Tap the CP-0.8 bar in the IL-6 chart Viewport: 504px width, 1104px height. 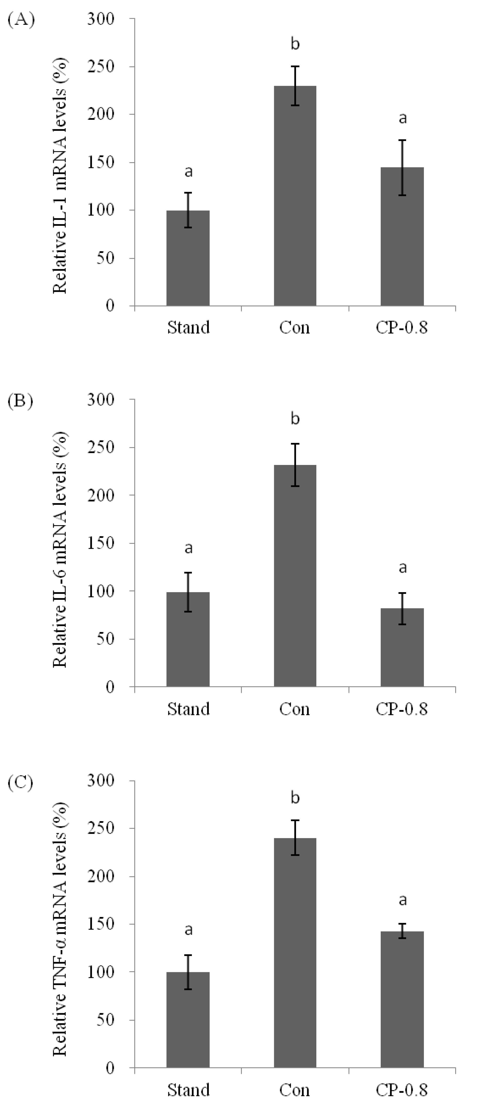click(402, 647)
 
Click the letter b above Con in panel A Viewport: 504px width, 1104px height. click(295, 44)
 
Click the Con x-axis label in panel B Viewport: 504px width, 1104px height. click(295, 709)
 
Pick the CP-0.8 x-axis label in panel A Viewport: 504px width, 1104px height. click(402, 328)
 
